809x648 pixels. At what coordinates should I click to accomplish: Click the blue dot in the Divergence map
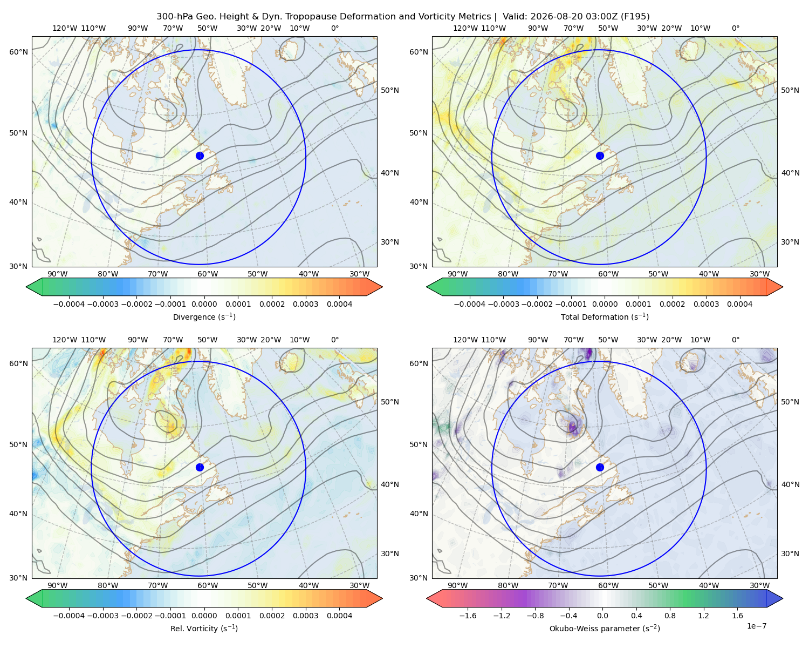200,156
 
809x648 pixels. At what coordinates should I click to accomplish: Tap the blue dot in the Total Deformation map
600,156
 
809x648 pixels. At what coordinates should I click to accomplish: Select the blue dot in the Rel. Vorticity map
200,467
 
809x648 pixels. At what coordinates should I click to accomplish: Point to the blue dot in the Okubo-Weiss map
600,467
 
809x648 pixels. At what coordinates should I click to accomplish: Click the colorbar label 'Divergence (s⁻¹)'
204,316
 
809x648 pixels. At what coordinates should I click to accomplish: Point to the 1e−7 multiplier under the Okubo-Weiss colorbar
756,626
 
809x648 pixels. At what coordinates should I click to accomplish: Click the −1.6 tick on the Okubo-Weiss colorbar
468,616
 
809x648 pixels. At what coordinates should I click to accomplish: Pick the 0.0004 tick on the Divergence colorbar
339,304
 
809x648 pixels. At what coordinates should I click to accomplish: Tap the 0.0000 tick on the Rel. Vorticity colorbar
204,616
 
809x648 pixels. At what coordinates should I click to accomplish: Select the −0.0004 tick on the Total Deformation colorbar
469,304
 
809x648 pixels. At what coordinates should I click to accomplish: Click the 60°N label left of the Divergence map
18,52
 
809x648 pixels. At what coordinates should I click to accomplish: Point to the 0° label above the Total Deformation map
735,28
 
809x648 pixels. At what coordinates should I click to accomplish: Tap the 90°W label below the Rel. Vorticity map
58,585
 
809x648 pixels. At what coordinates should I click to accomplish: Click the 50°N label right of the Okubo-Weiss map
790,402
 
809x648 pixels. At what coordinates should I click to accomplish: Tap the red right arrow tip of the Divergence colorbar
382,287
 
